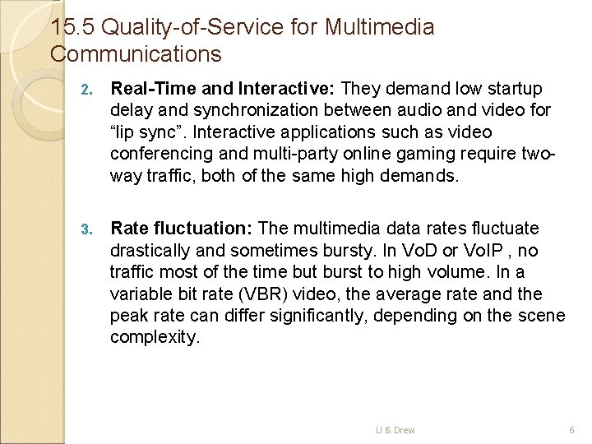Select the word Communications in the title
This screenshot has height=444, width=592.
coord(136,55)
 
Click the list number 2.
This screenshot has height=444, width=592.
coord(92,89)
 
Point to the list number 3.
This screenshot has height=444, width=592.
coord(92,229)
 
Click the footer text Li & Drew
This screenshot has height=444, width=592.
coord(395,429)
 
